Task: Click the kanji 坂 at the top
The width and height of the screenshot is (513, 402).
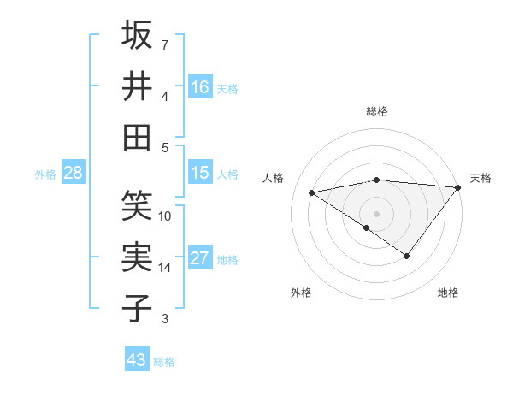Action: (x=138, y=36)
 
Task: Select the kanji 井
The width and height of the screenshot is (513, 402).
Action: (x=138, y=86)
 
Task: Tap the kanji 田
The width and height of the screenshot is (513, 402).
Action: (x=138, y=137)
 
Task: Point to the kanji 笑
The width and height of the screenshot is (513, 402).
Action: (x=138, y=206)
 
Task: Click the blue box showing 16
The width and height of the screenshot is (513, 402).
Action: (x=200, y=87)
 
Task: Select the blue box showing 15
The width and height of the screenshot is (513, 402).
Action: (x=200, y=173)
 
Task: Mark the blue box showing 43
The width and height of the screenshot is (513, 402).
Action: (x=137, y=360)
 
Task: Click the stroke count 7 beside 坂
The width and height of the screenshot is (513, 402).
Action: (x=164, y=44)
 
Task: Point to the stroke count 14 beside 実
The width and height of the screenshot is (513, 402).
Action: (x=165, y=268)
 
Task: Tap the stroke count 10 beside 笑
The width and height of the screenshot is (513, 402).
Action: (x=165, y=216)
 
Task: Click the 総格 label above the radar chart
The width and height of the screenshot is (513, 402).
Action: (x=377, y=111)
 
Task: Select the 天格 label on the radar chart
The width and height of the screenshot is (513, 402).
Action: (x=481, y=178)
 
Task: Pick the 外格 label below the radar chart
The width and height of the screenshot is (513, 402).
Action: (x=301, y=293)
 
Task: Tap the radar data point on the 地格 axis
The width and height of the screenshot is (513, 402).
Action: (x=407, y=256)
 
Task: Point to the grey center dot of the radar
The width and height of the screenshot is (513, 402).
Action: (x=376, y=212)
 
